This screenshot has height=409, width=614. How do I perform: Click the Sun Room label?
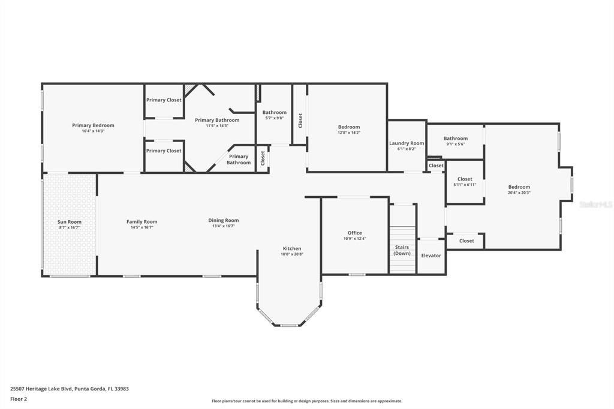coord(70,222)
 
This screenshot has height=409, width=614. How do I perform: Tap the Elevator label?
coord(431,255)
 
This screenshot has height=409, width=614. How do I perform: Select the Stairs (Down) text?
coord(402,250)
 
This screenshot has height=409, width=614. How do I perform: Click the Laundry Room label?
coord(407,143)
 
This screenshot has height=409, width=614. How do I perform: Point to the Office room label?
coord(355,233)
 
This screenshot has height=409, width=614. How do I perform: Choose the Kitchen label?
coord(292,248)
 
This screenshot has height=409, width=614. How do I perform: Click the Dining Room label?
coord(224,220)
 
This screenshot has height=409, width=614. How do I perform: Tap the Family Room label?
coord(142,221)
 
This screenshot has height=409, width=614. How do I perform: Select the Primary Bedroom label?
coord(93,125)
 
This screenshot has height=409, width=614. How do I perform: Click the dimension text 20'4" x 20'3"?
coord(519,193)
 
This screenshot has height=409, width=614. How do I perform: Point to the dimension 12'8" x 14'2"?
coord(349,133)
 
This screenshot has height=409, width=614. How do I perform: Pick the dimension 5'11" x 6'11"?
coord(465,185)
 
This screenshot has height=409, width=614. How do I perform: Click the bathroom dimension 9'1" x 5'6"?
coord(456,144)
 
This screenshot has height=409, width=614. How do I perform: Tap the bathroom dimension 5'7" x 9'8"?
coord(275,118)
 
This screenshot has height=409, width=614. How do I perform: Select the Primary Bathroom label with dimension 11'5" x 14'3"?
coord(217,120)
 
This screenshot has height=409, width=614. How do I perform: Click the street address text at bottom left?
coord(70,389)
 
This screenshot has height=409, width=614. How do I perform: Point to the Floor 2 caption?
coord(19,398)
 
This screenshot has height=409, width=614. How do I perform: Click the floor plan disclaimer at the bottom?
coord(306,401)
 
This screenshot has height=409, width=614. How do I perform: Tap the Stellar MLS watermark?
coord(595,204)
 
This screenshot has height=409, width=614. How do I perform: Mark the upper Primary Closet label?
coord(164,100)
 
